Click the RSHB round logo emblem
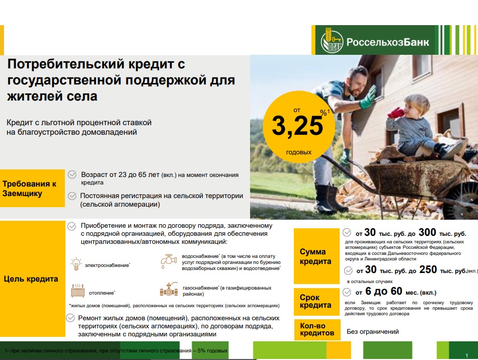[x=332, y=41]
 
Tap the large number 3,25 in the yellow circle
[x=297, y=126]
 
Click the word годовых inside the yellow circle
[x=299, y=152]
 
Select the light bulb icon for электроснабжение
[x=76, y=264]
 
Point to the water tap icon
[x=169, y=261]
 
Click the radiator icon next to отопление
[x=77, y=291]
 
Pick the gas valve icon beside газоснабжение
[x=169, y=289]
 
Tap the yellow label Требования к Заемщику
[x=32, y=188]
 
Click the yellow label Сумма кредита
[x=316, y=256]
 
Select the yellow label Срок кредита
[x=316, y=302]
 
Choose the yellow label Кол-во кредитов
[x=317, y=329]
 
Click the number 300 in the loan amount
[x=427, y=232]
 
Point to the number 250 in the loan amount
[x=428, y=269]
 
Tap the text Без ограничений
[x=372, y=332]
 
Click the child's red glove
[x=395, y=113]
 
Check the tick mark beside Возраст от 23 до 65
[x=72, y=174]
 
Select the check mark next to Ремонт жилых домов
[x=70, y=318]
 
